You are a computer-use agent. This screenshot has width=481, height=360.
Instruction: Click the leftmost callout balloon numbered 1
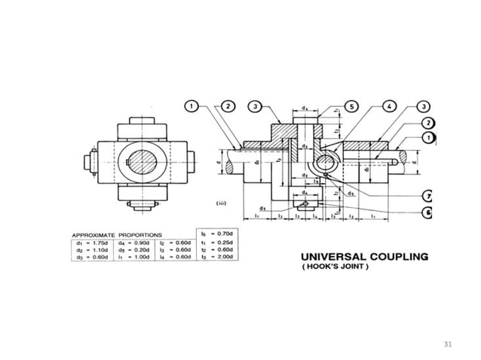point(193,107)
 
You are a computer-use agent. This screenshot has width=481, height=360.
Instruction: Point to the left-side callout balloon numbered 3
point(256,107)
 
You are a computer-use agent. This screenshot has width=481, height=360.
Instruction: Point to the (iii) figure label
point(213,203)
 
